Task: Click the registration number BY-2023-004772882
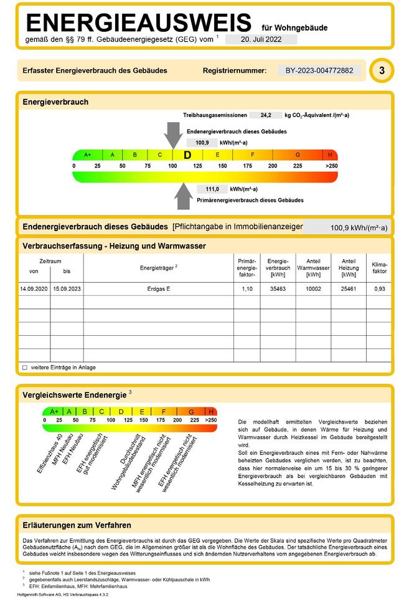click(x=319, y=71)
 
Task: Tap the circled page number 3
click(x=381, y=71)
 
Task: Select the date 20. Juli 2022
click(x=261, y=39)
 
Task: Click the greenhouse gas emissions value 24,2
click(x=266, y=115)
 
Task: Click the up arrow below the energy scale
click(x=184, y=196)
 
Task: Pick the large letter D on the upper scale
click(x=187, y=155)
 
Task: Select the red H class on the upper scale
click(x=330, y=155)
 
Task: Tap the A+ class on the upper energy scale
click(x=87, y=155)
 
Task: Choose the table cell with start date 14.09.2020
click(x=34, y=290)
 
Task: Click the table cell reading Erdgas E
click(x=159, y=290)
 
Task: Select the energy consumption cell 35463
click(x=277, y=290)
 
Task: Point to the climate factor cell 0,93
click(x=379, y=290)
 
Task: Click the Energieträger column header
click(x=159, y=267)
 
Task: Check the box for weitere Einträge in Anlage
click(x=25, y=368)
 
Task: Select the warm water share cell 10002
click(x=313, y=290)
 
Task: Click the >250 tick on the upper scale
click(x=331, y=166)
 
